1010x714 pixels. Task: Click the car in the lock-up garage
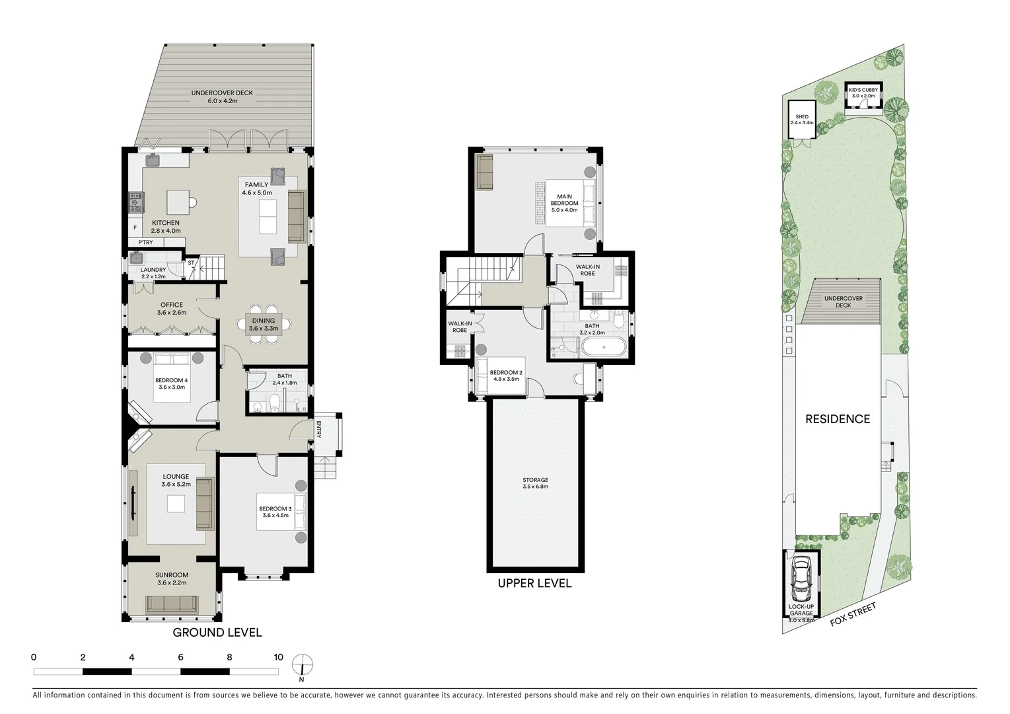coord(801,576)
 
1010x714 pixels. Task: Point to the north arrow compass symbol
coord(303,666)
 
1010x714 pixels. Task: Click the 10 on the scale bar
coord(278,657)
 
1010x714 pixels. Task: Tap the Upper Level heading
coord(534,583)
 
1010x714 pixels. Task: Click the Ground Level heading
coord(217,633)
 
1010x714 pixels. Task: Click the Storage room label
coord(535,483)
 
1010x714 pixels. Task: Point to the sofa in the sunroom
coord(171,604)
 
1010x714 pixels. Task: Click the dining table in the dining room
coord(263,324)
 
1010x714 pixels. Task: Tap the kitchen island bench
coord(178,200)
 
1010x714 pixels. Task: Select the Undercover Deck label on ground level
coord(222,97)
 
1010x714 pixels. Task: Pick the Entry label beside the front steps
coord(319,429)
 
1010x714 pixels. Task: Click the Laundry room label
coord(153,273)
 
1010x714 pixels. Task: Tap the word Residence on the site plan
coord(837,418)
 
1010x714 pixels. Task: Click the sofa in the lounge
coord(205,504)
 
